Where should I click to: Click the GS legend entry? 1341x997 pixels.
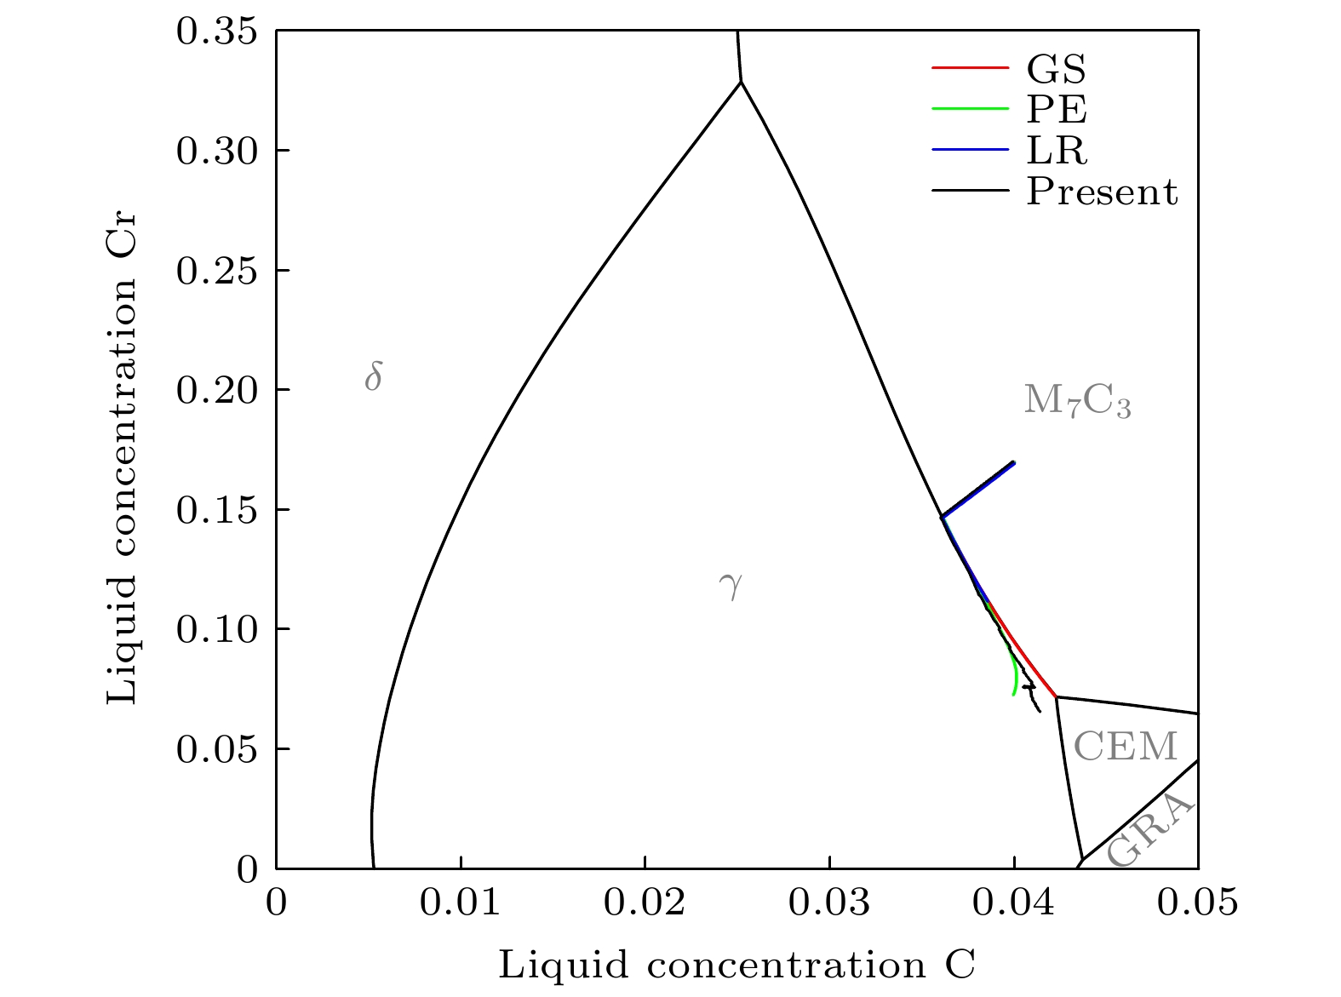(x=1056, y=67)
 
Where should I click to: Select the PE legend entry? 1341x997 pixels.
(x=1056, y=109)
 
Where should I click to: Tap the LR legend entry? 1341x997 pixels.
(x=1056, y=151)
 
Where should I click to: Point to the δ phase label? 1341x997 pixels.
(x=373, y=375)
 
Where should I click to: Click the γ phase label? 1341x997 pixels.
(x=731, y=585)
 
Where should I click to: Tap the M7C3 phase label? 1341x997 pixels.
(x=1077, y=400)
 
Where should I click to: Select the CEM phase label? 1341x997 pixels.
(x=1125, y=747)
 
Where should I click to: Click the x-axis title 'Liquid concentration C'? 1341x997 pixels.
(x=736, y=965)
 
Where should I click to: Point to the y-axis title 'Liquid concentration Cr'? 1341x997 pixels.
(x=122, y=450)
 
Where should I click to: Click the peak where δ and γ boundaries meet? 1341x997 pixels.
(x=741, y=82)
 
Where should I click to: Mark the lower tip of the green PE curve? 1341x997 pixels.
(x=1013, y=695)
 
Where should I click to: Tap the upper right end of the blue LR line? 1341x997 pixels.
(x=1014, y=462)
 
